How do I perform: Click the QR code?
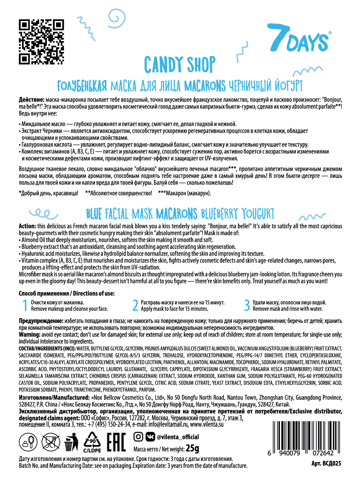point(41,42)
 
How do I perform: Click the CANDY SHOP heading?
point(179,64)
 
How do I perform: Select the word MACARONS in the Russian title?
point(205,85)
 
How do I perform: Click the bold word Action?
point(27,226)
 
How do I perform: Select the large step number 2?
point(135,306)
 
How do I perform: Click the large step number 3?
point(247,306)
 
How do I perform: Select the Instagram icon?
point(138,437)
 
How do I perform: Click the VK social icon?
point(150,437)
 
